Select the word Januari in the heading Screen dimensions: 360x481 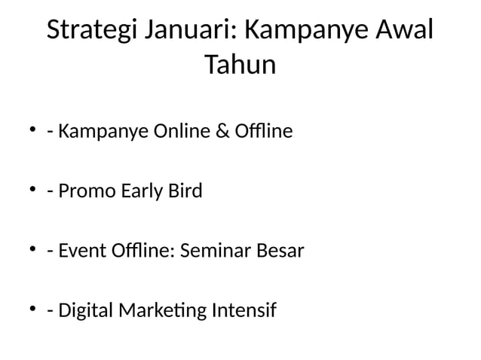coord(192,32)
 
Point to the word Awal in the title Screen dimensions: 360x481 coord(406,32)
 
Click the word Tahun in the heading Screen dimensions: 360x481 coord(240,66)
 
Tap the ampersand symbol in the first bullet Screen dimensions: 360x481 coord(225,133)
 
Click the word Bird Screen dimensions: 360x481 coord(184,191)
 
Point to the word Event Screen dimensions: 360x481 coord(82,250)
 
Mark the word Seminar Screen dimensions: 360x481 coord(217,250)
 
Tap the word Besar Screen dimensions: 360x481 coord(280,250)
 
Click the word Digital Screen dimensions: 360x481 coord(84,310)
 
